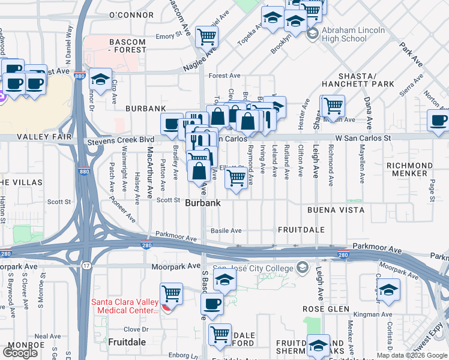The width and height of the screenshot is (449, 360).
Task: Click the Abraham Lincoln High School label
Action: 344,34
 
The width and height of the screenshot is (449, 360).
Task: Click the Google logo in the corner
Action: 20,353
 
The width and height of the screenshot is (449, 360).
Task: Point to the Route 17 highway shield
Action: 88,266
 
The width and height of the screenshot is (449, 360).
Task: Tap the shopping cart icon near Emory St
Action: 206,37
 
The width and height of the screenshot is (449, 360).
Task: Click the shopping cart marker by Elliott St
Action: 237,178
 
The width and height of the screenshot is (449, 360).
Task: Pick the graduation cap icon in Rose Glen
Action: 388,290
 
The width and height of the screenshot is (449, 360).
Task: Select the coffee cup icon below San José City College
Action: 211,304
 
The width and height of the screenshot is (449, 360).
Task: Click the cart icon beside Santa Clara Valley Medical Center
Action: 172,294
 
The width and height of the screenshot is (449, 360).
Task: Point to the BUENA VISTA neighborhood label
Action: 336,210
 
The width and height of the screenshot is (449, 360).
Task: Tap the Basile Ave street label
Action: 226,230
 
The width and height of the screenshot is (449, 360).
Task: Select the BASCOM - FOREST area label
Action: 127,46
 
